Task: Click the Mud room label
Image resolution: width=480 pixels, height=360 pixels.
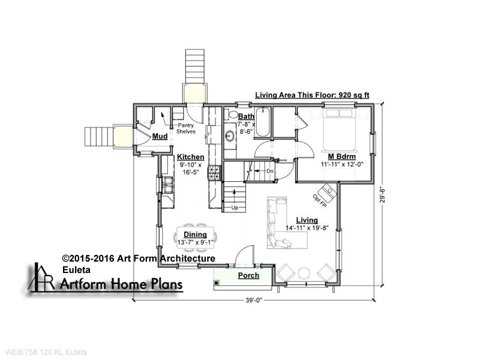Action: (160, 136)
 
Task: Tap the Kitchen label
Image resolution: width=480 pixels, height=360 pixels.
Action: (190, 157)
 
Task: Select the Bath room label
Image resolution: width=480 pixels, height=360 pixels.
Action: (246, 116)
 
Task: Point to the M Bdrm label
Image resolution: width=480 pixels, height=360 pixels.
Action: (341, 157)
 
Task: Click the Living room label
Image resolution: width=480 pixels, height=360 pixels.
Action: (307, 220)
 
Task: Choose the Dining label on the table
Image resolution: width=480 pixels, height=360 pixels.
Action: (196, 235)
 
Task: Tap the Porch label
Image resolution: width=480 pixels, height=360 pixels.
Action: (248, 275)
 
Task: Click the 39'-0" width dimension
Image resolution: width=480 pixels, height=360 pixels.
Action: (254, 301)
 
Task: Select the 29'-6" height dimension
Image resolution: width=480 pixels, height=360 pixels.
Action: (382, 197)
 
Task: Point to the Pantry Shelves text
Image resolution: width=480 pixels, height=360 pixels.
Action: (186, 128)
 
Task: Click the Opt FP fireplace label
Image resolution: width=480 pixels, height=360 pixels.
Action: (320, 201)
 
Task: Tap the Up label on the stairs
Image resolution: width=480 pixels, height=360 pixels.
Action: (235, 208)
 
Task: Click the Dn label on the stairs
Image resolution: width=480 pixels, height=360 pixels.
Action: (269, 172)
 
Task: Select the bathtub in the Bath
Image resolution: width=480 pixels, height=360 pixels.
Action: (262, 122)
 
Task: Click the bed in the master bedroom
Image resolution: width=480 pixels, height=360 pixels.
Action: (339, 130)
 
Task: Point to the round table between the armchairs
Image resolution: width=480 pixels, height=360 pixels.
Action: (304, 274)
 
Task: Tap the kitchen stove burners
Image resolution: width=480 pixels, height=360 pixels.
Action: (214, 173)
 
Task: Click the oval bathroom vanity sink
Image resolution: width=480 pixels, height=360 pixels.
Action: (230, 136)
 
